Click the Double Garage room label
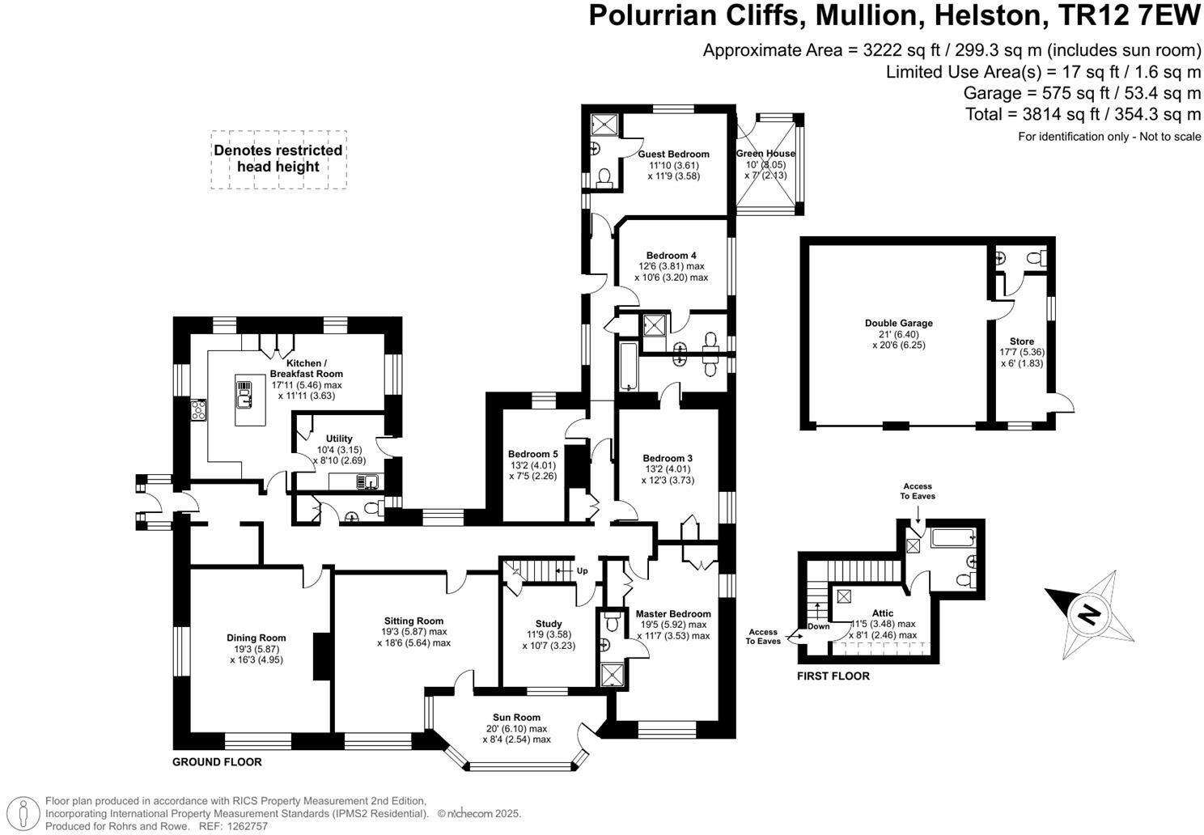point(898,323)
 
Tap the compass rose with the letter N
point(1089,614)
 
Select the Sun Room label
point(516,717)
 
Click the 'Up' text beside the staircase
point(582,570)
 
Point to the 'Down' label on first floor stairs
point(818,626)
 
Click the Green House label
point(765,154)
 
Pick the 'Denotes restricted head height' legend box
point(278,159)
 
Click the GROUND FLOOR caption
point(217,762)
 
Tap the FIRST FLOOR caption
point(833,676)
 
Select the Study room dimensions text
point(549,640)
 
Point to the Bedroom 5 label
point(532,454)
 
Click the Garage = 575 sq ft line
point(1082,93)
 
